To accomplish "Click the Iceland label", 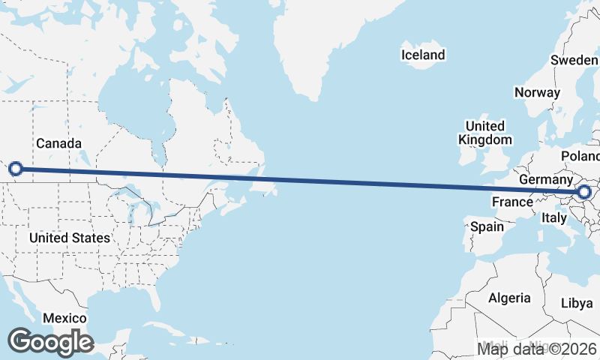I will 423,55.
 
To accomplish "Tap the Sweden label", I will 574,60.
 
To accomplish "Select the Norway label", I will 537,92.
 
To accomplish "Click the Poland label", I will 582,156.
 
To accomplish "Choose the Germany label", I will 545,181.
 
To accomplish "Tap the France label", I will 512,202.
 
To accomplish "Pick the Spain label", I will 487,226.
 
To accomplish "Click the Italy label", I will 553,217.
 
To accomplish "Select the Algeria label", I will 509,298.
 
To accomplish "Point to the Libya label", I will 576,303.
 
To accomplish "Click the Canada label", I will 58,143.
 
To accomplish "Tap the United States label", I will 69,238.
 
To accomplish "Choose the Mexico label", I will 64,318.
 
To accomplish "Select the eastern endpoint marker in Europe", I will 584,193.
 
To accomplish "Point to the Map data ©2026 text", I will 537,348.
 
